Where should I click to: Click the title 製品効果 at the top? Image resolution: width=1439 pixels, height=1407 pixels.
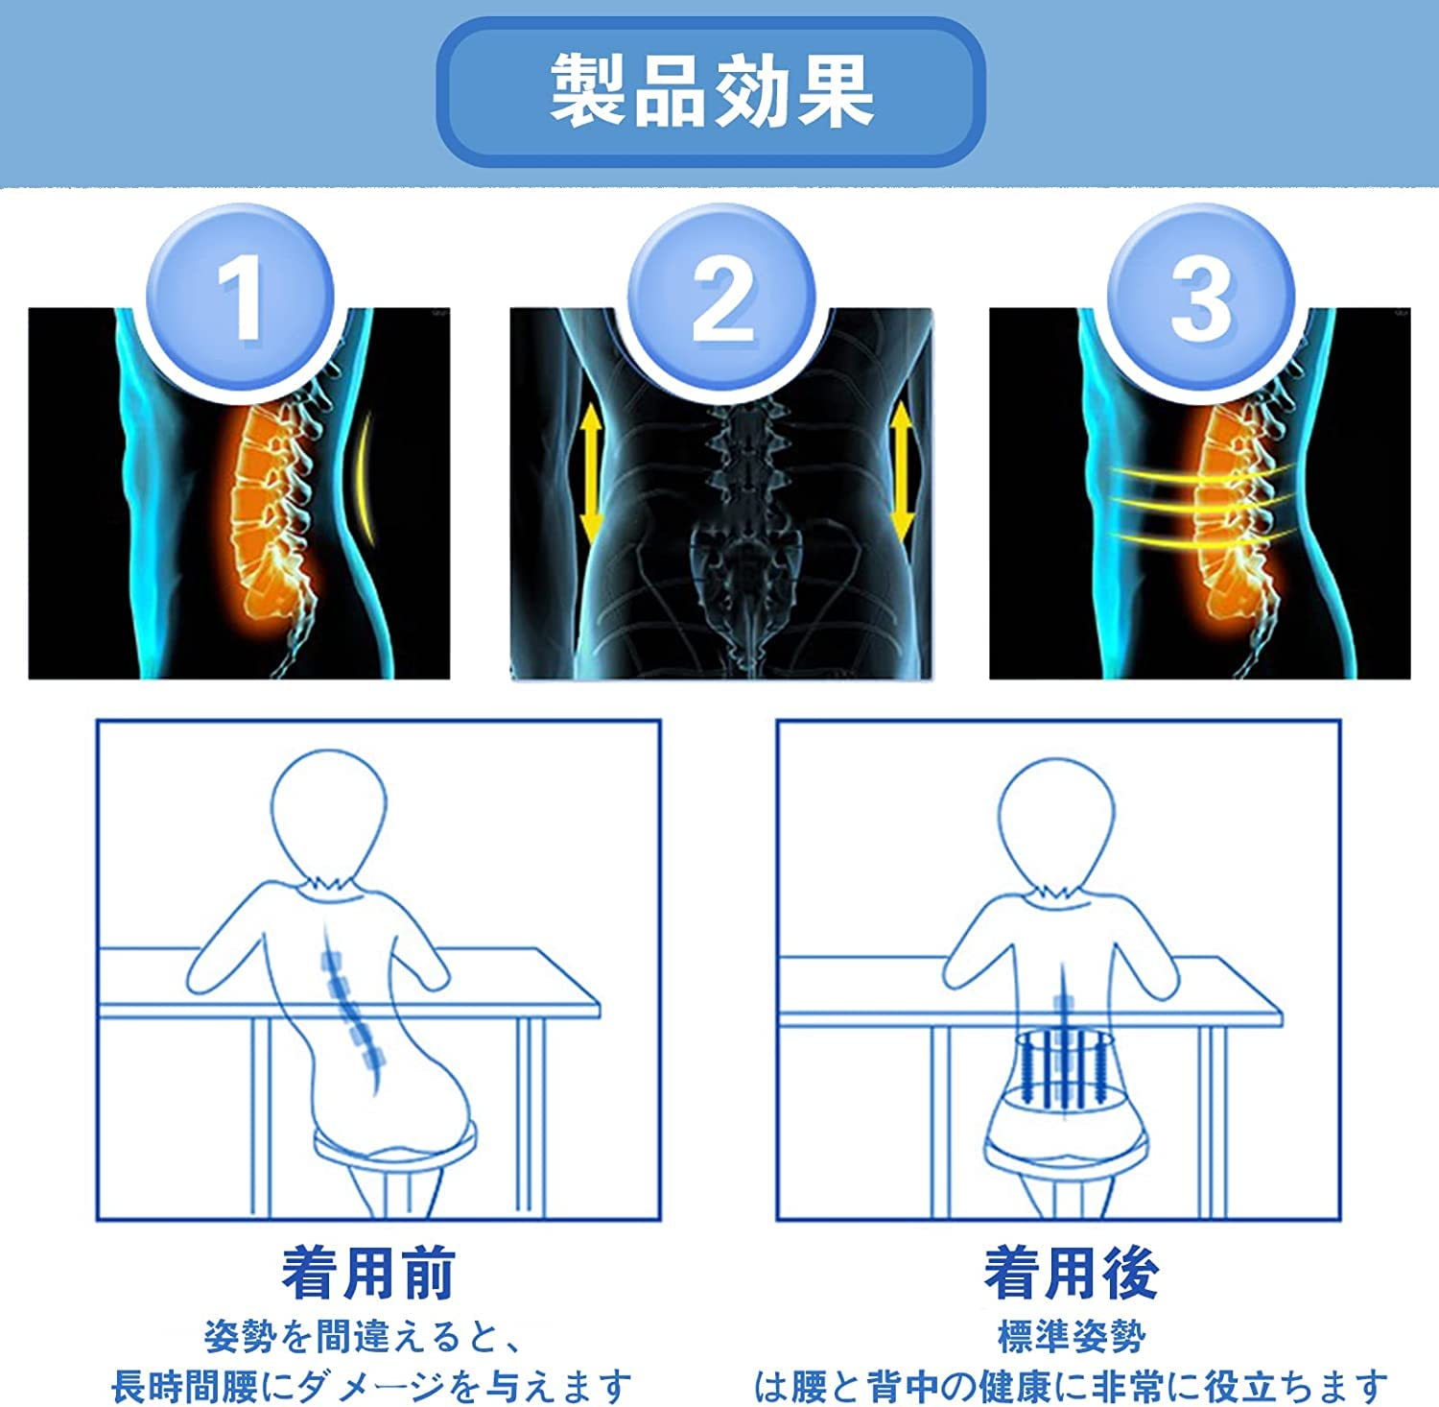pos(711,91)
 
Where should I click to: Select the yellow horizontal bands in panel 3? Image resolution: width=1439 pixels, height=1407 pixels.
pos(1199,504)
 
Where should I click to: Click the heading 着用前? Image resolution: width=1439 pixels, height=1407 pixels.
pos(368,1274)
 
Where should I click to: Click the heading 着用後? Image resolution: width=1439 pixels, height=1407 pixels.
pos(1072,1274)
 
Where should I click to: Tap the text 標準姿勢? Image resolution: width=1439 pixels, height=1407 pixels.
pos(1072,1335)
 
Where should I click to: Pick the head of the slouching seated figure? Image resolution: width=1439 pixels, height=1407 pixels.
pos(328,814)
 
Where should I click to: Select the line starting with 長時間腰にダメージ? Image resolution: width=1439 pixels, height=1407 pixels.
pos(371,1385)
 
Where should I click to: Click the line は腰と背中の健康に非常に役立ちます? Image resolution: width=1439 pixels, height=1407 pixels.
pos(1072,1385)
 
